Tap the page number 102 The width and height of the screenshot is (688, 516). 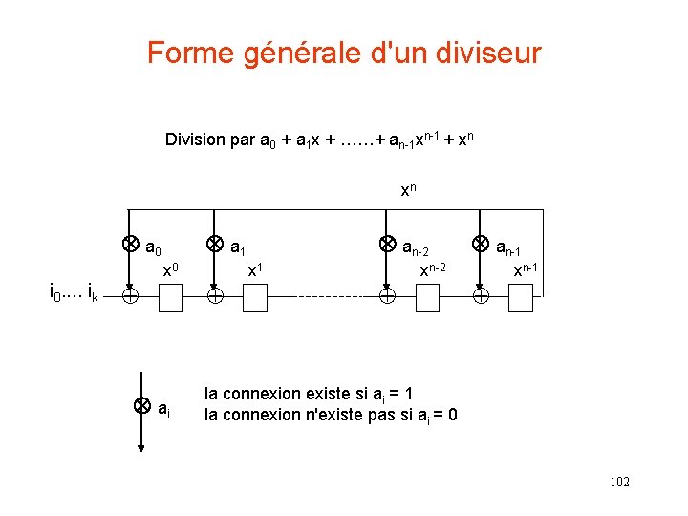(618, 483)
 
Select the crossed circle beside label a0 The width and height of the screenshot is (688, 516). (129, 244)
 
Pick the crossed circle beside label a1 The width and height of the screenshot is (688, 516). (216, 244)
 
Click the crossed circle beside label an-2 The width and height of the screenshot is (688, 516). (387, 244)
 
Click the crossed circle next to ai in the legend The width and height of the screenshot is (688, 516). (141, 405)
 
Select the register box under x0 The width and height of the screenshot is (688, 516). (169, 298)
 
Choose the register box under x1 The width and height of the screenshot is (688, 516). (255, 298)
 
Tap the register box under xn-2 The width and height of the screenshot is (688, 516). (426, 298)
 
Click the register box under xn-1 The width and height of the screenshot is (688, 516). (521, 298)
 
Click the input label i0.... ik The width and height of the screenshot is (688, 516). (73, 290)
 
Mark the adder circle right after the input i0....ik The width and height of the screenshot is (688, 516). (129, 298)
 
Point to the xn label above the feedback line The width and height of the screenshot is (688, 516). (409, 190)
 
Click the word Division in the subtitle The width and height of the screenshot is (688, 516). (196, 140)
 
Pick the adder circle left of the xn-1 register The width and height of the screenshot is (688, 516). (481, 298)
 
